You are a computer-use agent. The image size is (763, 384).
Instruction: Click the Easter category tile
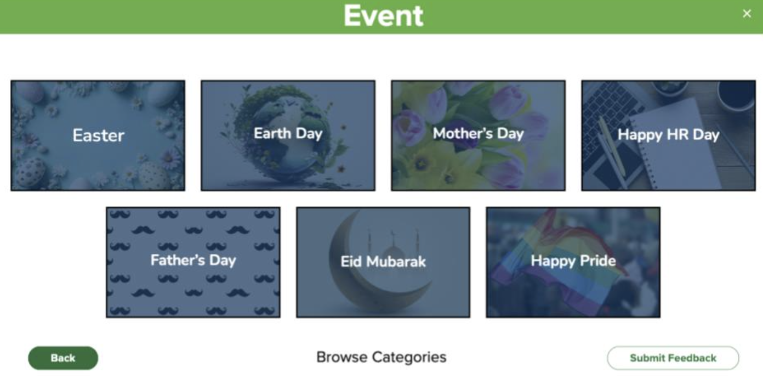98,135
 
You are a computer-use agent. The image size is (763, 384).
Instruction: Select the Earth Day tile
288,135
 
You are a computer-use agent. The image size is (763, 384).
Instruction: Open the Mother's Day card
478,135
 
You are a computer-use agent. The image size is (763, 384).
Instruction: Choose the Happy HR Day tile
668,135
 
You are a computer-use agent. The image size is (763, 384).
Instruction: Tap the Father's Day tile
193,262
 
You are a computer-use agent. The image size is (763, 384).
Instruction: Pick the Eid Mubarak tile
383,262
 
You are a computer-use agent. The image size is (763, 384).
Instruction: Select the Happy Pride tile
573,262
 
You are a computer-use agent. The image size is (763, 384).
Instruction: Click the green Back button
63,358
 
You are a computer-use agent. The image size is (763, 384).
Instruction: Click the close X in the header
747,14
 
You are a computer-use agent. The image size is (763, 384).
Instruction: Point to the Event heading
383,16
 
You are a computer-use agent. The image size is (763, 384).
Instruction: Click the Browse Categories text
381,358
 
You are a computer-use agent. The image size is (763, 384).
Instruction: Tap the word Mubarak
396,262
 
